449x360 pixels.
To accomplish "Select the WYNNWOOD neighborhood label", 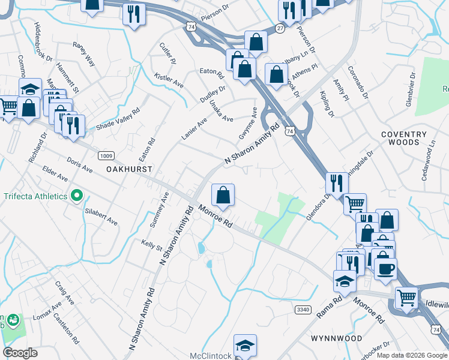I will click(x=336, y=338).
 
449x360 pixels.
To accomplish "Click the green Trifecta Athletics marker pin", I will click(x=76, y=196).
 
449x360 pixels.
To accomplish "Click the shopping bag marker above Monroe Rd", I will click(x=223, y=195).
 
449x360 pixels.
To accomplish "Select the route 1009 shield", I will click(x=106, y=156).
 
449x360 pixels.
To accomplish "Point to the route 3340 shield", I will click(x=303, y=310).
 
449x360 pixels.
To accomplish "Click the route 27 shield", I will click(x=280, y=28).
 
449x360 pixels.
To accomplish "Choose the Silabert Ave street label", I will click(x=101, y=217).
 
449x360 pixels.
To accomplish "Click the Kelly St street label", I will click(x=151, y=245).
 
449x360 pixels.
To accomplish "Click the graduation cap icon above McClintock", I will click(x=245, y=345).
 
